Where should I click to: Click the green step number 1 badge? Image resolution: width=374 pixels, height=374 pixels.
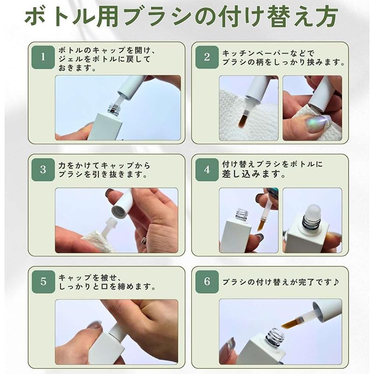(x=43, y=57)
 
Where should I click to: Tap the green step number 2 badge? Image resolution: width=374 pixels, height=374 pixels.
(x=207, y=57)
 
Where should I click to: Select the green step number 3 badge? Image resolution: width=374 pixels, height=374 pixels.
(x=43, y=170)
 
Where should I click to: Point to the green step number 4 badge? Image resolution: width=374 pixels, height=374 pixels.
(x=207, y=170)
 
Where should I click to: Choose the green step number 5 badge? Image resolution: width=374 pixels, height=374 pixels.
(x=43, y=282)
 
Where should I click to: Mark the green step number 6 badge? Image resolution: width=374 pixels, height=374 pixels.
(x=207, y=282)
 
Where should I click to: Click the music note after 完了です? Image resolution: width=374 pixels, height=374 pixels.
(x=336, y=282)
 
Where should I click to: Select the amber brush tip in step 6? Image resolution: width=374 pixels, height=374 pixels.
(x=290, y=324)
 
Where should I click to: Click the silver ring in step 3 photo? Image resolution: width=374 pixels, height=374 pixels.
(x=144, y=240)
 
